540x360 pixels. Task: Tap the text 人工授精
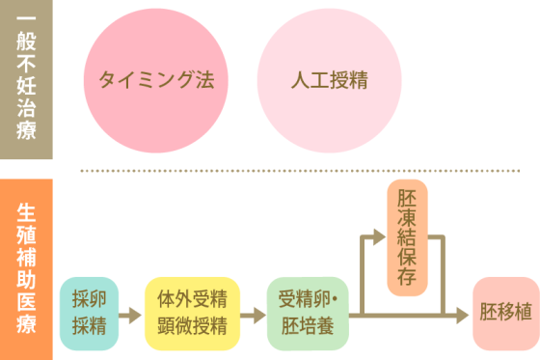click(x=329, y=80)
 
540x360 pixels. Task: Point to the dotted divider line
click(x=309, y=169)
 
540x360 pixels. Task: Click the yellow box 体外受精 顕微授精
click(x=192, y=314)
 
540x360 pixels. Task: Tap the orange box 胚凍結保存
click(x=406, y=237)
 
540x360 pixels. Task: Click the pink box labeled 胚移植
click(x=505, y=314)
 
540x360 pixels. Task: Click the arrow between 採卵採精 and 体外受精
click(x=128, y=314)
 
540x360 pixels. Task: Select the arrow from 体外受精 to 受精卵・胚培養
click(x=253, y=314)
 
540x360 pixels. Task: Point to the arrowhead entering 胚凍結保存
click(x=379, y=234)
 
